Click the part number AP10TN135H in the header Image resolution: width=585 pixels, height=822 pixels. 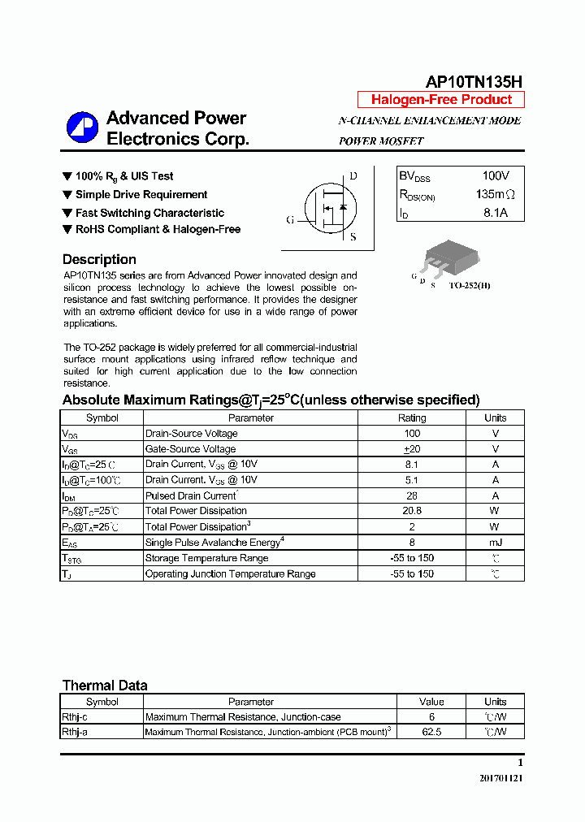coord(474,82)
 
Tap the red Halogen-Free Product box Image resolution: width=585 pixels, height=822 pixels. coord(441,100)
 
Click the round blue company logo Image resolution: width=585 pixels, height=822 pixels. coord(82,128)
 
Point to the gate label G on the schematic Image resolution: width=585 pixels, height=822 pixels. coord(290,219)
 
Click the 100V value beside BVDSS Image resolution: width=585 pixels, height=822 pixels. coord(495,175)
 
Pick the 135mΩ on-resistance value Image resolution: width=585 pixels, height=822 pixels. coord(495,195)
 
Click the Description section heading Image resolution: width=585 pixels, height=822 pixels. coord(99,260)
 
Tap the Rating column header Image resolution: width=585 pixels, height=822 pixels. coord(412,418)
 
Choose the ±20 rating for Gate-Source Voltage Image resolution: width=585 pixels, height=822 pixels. coord(412,449)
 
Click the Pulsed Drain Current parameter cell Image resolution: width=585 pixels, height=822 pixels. coord(192,495)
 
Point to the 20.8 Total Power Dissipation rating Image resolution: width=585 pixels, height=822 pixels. coord(412,511)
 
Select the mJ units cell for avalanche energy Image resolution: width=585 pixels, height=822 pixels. coord(495,543)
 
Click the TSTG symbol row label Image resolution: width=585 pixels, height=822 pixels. coord(71,559)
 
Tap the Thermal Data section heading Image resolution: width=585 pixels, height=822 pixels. coord(105,686)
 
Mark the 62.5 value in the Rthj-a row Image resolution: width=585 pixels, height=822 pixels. coord(431,732)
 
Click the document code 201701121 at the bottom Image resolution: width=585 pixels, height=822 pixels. coord(501,778)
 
